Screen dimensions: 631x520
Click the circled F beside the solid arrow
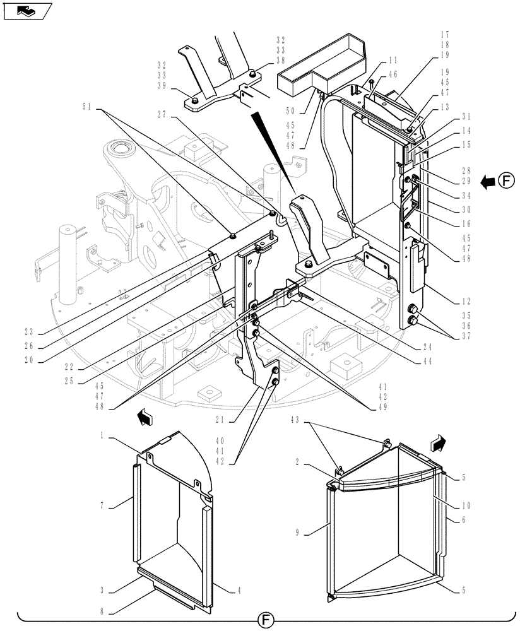(x=505, y=182)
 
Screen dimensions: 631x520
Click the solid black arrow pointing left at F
(x=487, y=183)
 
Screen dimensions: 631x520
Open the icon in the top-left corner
(x=25, y=11)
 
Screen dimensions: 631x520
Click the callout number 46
(x=393, y=74)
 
